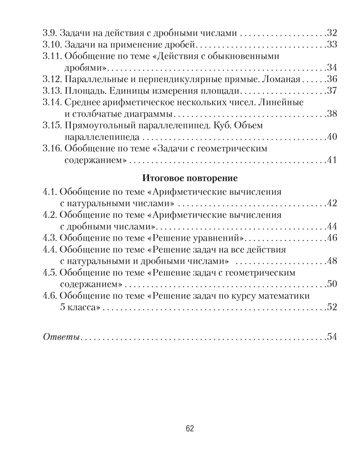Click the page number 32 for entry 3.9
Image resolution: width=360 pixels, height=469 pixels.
coord(332,33)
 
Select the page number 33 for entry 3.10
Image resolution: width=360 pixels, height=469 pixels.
coord(332,45)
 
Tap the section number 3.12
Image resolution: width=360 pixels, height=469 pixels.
coord(50,78)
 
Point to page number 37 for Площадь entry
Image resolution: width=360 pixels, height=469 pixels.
coord(332,90)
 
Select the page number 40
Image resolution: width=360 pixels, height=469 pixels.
coord(332,137)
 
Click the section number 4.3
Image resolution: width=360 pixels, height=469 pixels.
coord(49,237)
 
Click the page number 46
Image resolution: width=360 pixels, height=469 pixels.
coord(332,237)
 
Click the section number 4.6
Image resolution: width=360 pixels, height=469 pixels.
coord(49,296)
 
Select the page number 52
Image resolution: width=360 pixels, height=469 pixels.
coord(332,308)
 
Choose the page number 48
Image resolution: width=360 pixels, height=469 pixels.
coord(332,261)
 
